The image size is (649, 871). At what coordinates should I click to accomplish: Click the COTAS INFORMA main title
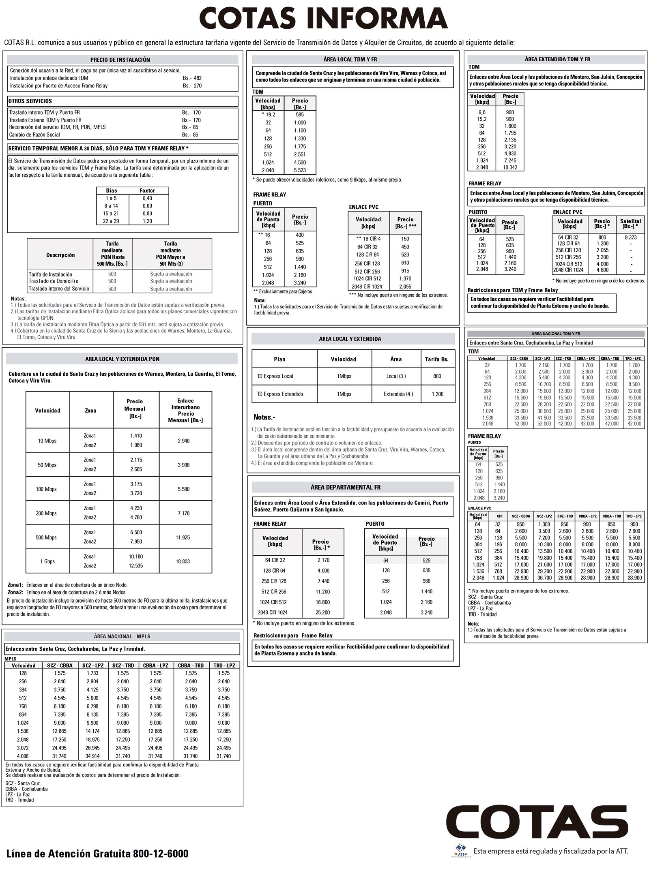click(x=324, y=19)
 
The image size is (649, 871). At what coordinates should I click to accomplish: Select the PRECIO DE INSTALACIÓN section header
click(x=120, y=60)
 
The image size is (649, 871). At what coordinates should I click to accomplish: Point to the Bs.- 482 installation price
click(x=192, y=78)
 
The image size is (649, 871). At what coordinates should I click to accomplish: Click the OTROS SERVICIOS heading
click(x=30, y=101)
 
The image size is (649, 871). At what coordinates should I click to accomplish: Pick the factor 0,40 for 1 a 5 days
click(x=147, y=198)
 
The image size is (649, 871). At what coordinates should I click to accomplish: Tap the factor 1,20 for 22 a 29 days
click(x=147, y=221)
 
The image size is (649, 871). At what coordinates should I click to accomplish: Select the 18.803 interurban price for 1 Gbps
click(x=183, y=561)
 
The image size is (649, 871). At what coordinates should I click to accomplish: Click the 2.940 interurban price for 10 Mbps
click(x=183, y=441)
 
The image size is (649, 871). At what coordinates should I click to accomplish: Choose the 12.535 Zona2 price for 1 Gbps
click(x=136, y=566)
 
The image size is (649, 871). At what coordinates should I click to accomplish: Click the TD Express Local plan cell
click(x=275, y=376)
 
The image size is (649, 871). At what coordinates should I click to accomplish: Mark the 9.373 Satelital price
click(x=630, y=238)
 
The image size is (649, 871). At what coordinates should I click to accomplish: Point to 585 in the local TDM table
click(x=300, y=115)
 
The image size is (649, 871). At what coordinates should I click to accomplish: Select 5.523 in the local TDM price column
click(x=300, y=170)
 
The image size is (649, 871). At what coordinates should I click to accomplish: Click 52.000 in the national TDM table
click(x=544, y=424)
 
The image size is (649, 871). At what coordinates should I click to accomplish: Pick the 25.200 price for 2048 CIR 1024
click(x=323, y=612)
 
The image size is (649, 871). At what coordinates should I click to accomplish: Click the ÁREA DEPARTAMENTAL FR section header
click(x=346, y=487)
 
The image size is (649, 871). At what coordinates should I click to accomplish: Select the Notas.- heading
click(x=264, y=417)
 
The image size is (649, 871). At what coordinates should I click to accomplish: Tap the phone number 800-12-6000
click(x=161, y=854)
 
